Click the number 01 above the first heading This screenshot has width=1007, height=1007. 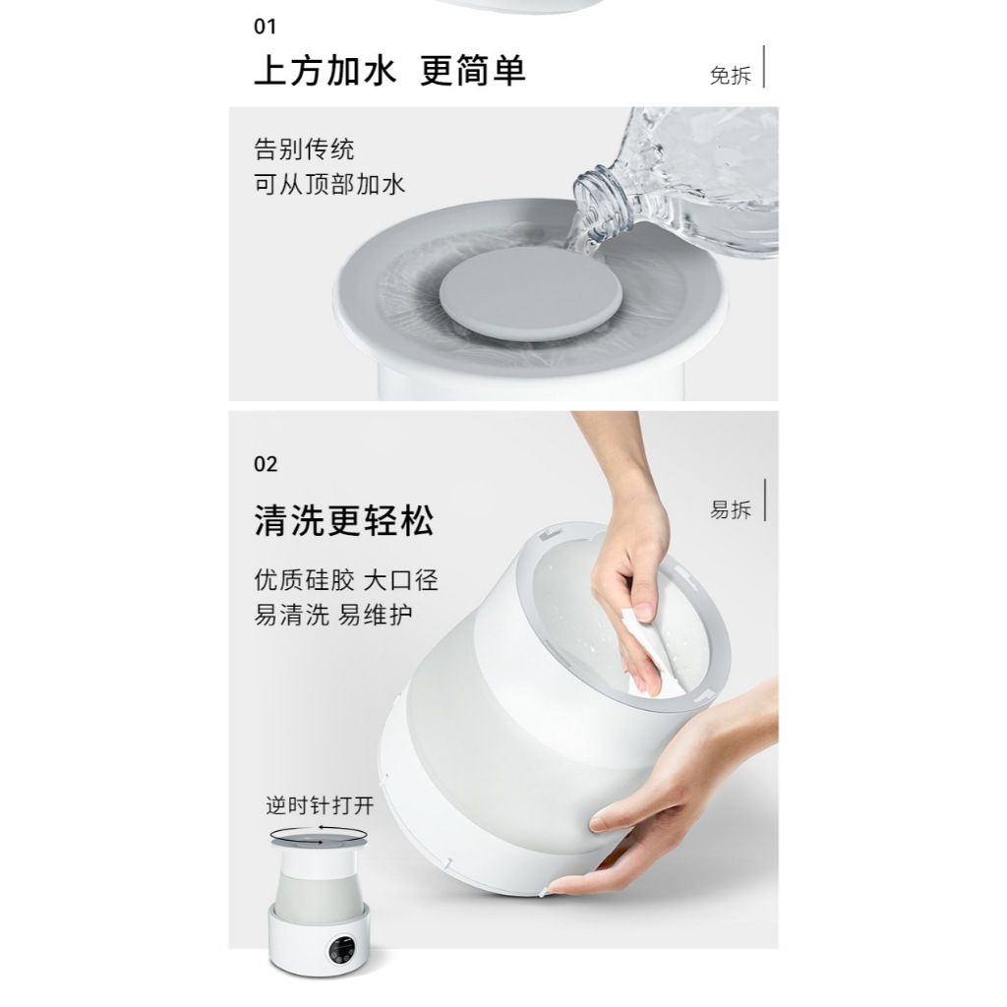pos(266,27)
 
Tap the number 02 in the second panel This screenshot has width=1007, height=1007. pos(266,464)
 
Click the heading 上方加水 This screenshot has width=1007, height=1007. pos(325,72)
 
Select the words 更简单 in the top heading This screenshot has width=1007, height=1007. pos(472,72)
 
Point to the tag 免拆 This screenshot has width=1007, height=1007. pos(730,76)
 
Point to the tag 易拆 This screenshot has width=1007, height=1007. pos(730,509)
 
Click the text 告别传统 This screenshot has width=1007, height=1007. pos(304,150)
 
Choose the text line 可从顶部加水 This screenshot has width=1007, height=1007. pos(329,185)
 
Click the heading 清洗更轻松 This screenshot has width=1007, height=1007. pos(343,520)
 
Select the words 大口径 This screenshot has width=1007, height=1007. pos(400,580)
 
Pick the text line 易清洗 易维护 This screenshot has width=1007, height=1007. pos(333,616)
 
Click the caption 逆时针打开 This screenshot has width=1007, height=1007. pos(320,805)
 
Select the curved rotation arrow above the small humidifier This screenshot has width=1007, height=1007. pos(320,835)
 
